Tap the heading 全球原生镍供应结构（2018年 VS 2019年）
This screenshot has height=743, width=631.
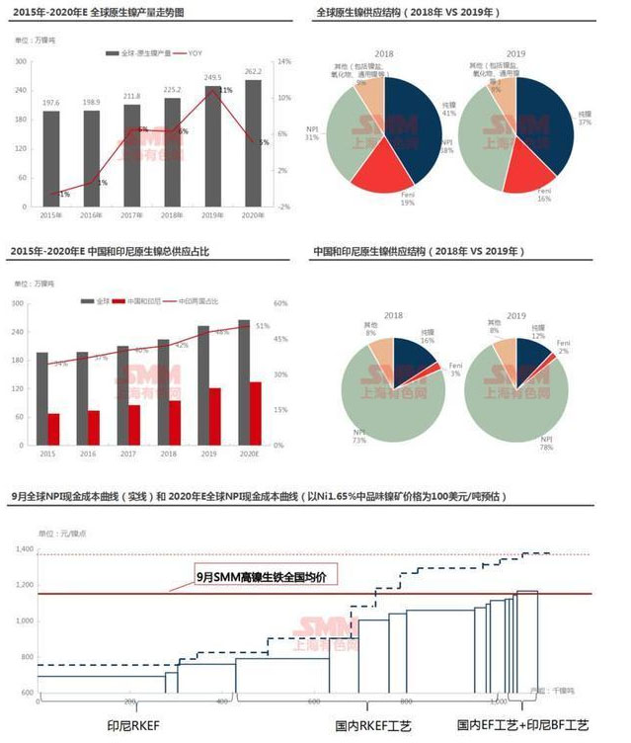(408, 13)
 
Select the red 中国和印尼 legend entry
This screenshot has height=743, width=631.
(139, 299)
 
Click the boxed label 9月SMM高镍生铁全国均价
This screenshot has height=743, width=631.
(266, 574)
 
